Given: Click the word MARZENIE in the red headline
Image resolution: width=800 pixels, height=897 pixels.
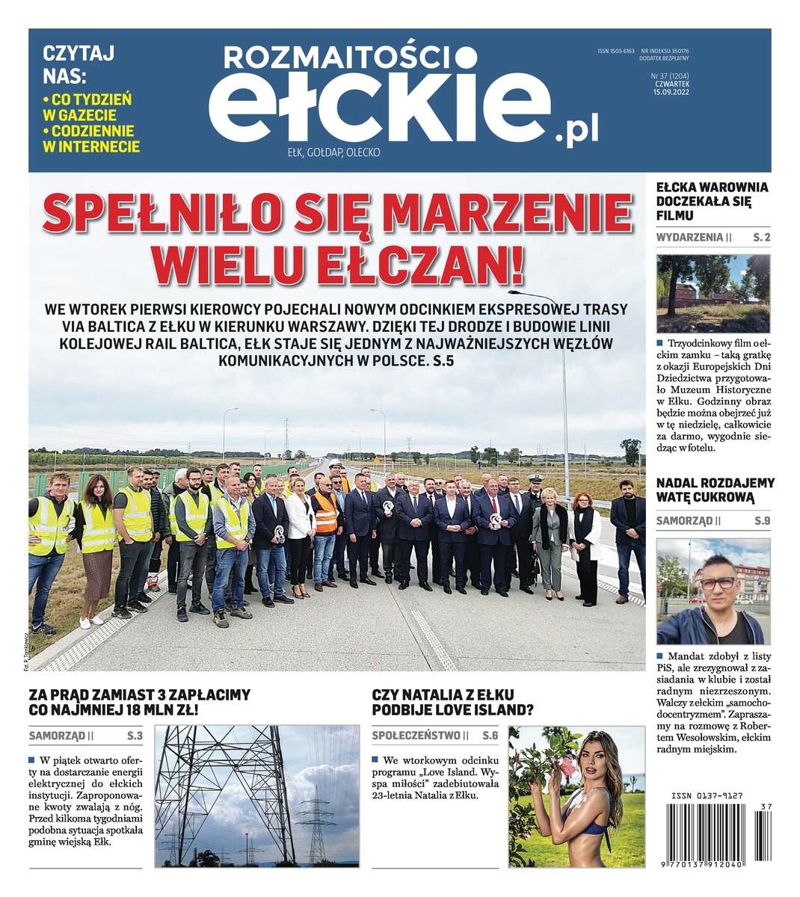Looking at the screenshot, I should [x=511, y=214].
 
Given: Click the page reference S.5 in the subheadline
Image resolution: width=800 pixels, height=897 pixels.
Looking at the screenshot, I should [x=437, y=360].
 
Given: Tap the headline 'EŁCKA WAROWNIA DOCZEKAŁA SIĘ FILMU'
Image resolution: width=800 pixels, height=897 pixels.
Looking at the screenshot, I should [x=711, y=202].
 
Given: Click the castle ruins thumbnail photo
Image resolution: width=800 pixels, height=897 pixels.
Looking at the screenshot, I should [x=713, y=293].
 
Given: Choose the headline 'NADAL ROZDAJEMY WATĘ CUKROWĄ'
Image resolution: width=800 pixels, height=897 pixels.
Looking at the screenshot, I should [x=715, y=490].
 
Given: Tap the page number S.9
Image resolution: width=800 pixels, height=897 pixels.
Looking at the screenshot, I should [x=761, y=521].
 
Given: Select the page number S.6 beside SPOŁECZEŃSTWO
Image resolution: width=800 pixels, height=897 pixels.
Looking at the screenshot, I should [x=490, y=736].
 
